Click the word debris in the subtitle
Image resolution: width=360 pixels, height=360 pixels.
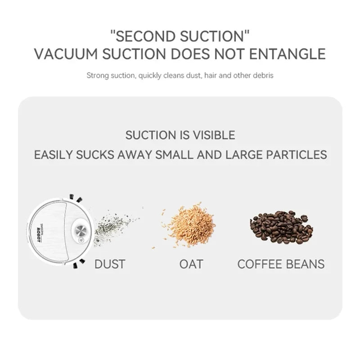coord(263,76)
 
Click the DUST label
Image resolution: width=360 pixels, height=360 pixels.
coord(110,264)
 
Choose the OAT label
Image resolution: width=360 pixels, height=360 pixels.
coord(191,264)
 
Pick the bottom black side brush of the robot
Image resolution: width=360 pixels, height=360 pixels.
coord(76,265)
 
